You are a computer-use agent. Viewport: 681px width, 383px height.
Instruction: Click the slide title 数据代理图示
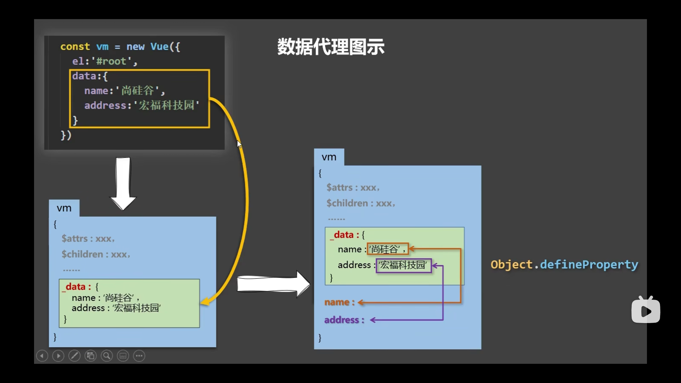(331, 47)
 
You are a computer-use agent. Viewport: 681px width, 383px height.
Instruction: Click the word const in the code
(75, 46)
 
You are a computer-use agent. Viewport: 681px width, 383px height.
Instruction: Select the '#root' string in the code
(111, 61)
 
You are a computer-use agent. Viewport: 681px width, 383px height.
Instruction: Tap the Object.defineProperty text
(564, 265)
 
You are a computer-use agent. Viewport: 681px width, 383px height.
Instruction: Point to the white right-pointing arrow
(273, 284)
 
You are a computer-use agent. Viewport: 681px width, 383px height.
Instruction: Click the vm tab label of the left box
(64, 208)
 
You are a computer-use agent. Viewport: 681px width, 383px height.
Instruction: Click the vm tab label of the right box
(329, 157)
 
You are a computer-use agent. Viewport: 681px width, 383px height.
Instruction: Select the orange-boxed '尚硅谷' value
(388, 249)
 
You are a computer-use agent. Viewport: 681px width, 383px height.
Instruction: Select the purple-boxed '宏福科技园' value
(404, 265)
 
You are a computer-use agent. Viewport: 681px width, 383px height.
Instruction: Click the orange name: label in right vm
(339, 302)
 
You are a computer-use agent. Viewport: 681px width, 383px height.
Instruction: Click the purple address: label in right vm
(344, 320)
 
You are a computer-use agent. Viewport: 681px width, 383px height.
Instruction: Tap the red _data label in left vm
(76, 287)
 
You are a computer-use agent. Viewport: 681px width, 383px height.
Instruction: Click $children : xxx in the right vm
(361, 203)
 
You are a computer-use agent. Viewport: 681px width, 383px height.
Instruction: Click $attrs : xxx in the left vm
(88, 239)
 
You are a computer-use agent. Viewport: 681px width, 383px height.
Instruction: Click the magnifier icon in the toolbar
(107, 356)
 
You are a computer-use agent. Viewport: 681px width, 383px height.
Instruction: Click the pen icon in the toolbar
(74, 356)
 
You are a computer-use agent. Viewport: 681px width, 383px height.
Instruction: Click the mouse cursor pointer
(239, 144)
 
